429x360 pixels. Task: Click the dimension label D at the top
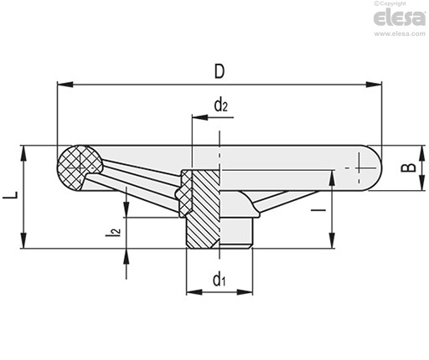tap(220, 71)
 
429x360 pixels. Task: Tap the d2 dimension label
tap(221, 105)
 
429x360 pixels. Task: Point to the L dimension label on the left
tap(11, 195)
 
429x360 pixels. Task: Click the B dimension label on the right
tap(408, 167)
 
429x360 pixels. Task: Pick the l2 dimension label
tap(113, 231)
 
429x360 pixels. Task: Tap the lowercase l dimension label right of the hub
tap(318, 210)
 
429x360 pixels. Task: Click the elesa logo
tap(400, 18)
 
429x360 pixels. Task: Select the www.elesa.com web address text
tap(400, 33)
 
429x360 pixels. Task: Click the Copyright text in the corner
tap(390, 3)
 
